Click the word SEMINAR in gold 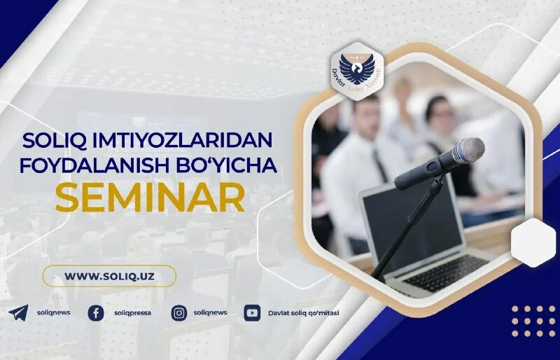coord(150,198)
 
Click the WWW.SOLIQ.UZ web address coord(109,276)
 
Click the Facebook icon coord(96,313)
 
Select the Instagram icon coord(179,313)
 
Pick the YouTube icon coord(252,313)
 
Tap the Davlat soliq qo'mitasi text coord(303,313)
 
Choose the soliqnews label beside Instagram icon coord(210,313)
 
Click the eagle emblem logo coord(357,69)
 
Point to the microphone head coord(467,150)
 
